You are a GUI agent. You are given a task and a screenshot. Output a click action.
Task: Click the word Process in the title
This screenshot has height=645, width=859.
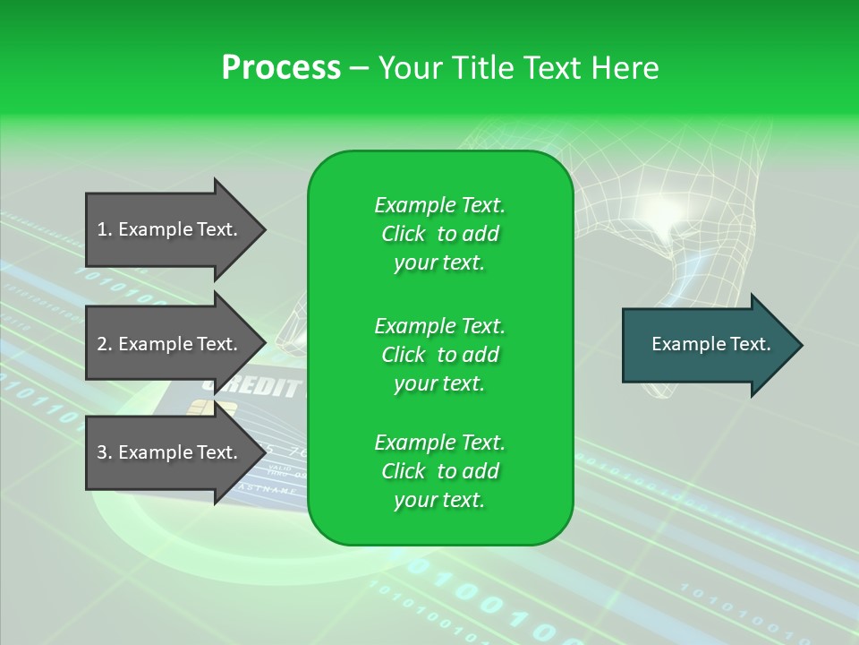[x=281, y=67]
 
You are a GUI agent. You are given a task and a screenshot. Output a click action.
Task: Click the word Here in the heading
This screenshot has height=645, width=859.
[x=624, y=67]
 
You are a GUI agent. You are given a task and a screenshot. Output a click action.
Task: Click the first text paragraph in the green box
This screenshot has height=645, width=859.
[x=439, y=234]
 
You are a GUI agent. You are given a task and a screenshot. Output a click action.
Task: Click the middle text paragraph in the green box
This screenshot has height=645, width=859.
[x=439, y=355]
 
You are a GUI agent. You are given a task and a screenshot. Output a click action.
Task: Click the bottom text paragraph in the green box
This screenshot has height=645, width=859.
[x=439, y=471]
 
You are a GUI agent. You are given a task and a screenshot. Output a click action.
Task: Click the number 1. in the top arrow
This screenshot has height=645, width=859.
[x=105, y=229]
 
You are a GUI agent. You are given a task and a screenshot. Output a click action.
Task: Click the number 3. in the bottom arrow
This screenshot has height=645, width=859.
[x=105, y=452]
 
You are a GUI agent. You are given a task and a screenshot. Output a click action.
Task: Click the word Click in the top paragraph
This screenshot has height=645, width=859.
[x=404, y=234]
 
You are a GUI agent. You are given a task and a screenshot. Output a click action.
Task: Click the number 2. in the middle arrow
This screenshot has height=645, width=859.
[x=105, y=344]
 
